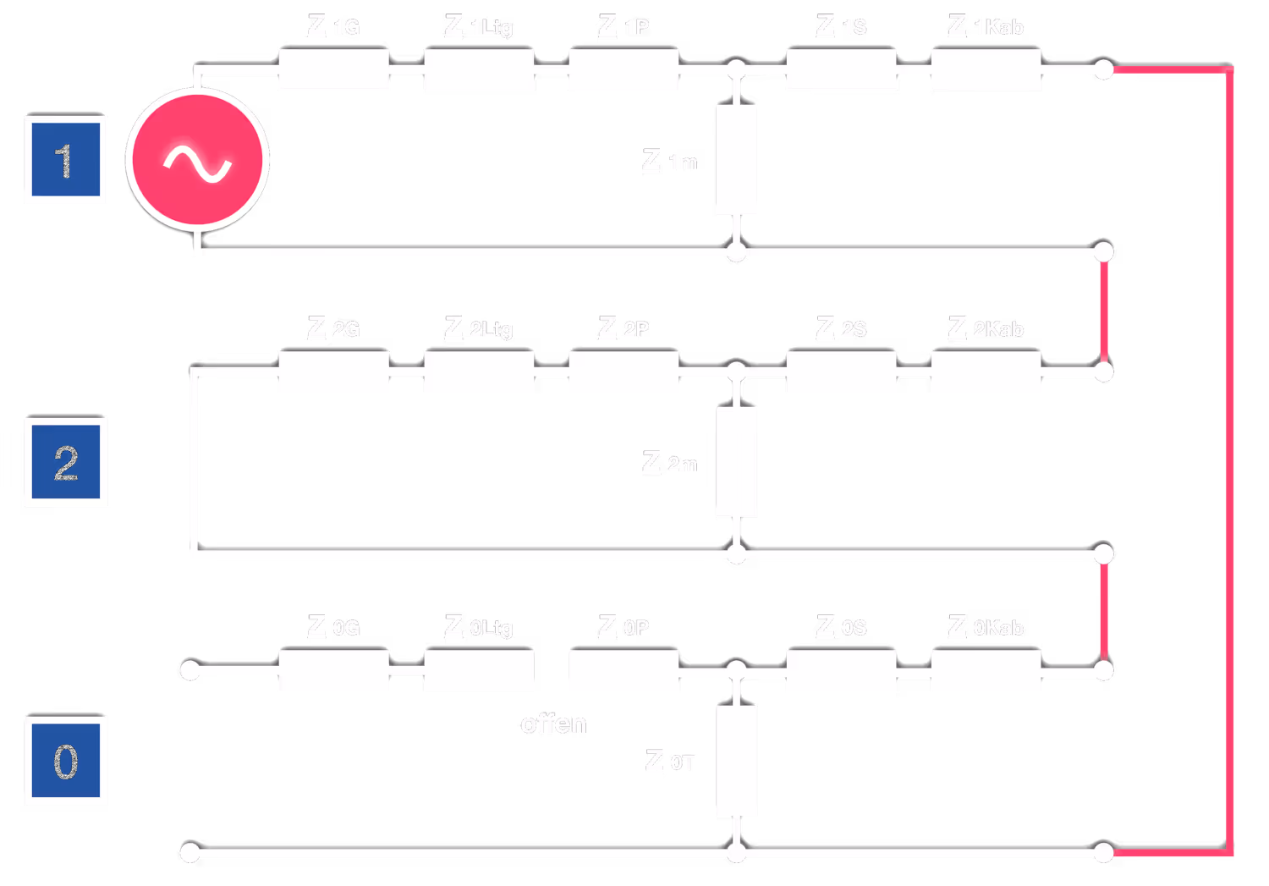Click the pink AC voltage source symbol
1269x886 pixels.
point(198,160)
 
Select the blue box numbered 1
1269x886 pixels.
point(66,160)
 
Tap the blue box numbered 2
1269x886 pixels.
point(66,462)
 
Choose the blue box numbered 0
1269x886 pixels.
point(66,760)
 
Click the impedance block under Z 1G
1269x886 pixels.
point(333,69)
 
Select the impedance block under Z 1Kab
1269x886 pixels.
point(986,69)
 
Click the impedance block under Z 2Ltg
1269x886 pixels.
point(479,371)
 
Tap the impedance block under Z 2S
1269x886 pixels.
point(841,371)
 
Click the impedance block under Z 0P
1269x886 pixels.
point(624,670)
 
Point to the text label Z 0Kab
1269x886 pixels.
point(986,627)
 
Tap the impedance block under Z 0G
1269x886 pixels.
point(333,670)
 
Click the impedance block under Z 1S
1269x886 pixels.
point(841,69)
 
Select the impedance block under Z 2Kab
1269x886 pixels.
point(986,371)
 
